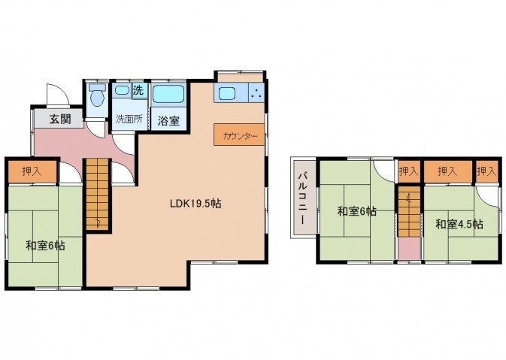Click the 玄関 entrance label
tap(60, 119)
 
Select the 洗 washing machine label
tap(138, 90)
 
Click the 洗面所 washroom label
tap(129, 119)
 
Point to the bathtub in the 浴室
tap(168, 94)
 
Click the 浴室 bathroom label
tap(168, 121)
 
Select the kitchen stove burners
tap(256, 93)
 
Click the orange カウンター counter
tap(239, 135)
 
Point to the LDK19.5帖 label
tap(195, 204)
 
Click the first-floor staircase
tap(97, 195)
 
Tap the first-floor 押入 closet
tap(32, 171)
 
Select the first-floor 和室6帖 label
tap(45, 246)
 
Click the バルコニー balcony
tap(303, 198)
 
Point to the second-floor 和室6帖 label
tap(356, 212)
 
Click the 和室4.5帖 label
tap(459, 224)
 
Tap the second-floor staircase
tap(409, 212)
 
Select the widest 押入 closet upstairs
tap(447, 171)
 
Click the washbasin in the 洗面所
tap(122, 90)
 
